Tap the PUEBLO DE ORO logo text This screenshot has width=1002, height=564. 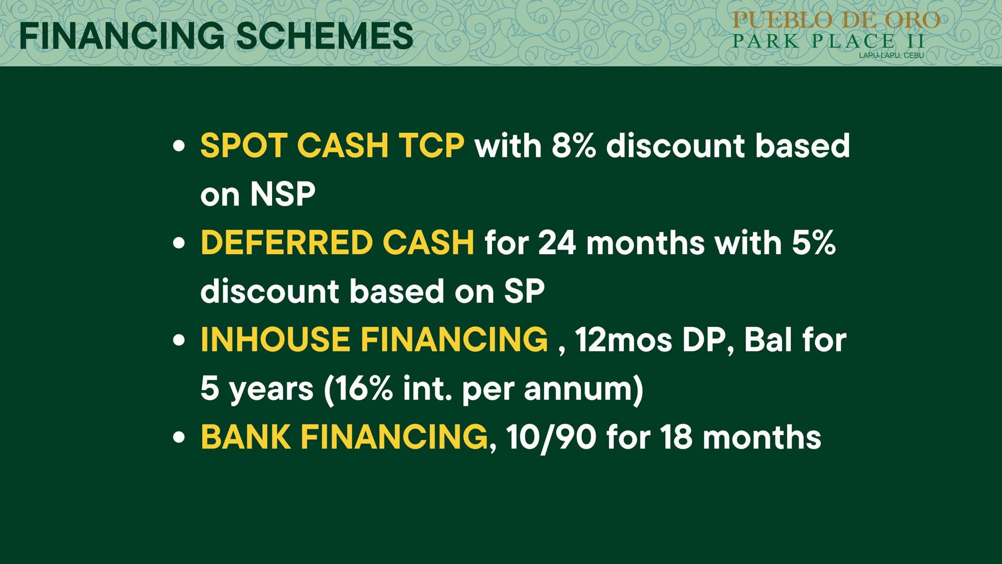tap(836, 20)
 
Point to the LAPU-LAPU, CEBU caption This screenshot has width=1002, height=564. tap(891, 55)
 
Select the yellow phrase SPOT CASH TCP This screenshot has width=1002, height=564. tap(332, 146)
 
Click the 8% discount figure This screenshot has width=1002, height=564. tap(574, 146)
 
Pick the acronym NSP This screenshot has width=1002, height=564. tap(283, 194)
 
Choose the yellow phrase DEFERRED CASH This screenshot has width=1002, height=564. tap(337, 243)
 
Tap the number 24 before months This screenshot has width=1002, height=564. tap(557, 243)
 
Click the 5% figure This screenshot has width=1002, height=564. tap(813, 243)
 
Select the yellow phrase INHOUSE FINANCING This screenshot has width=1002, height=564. tap(374, 339)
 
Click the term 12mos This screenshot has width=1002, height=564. tap(623, 340)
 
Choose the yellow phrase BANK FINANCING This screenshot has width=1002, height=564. tap(344, 437)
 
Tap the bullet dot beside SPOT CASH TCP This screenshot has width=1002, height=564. tap(178, 146)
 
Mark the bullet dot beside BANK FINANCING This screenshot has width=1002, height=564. tap(178, 437)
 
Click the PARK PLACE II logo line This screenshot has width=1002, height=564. tap(829, 41)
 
